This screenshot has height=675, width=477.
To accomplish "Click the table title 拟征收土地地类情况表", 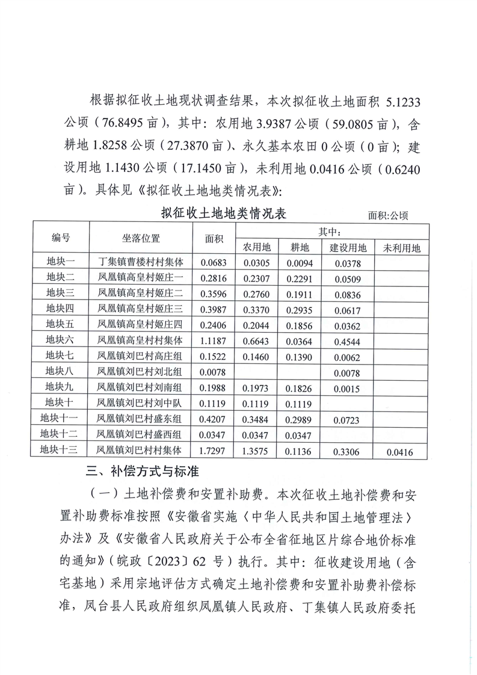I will pos(223,214).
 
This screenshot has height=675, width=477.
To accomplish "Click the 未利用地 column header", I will pos(402,247).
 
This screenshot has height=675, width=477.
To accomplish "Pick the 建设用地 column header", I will pos(348,247).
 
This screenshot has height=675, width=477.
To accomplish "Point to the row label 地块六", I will pos(60,340).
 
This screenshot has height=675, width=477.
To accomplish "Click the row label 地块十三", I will pos(60,449).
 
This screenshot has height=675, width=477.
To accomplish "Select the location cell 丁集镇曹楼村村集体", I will pos(141,262).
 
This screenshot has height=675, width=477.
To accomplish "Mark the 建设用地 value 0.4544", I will pos(348,341).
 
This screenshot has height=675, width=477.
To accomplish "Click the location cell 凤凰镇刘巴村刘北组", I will pos(141,371).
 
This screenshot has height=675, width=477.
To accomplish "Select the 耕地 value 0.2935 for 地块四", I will pos(300,309).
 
